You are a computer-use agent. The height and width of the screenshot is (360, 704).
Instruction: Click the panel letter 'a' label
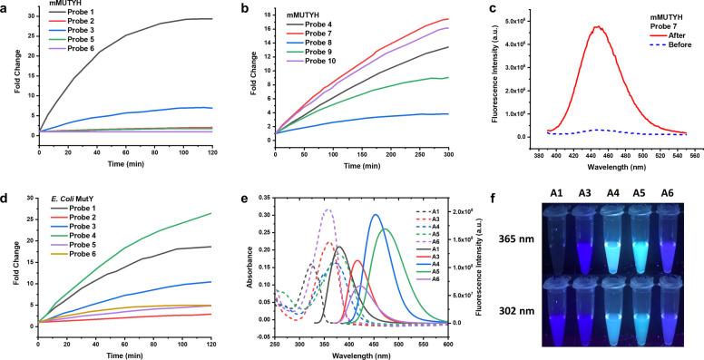coord(6,5)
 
